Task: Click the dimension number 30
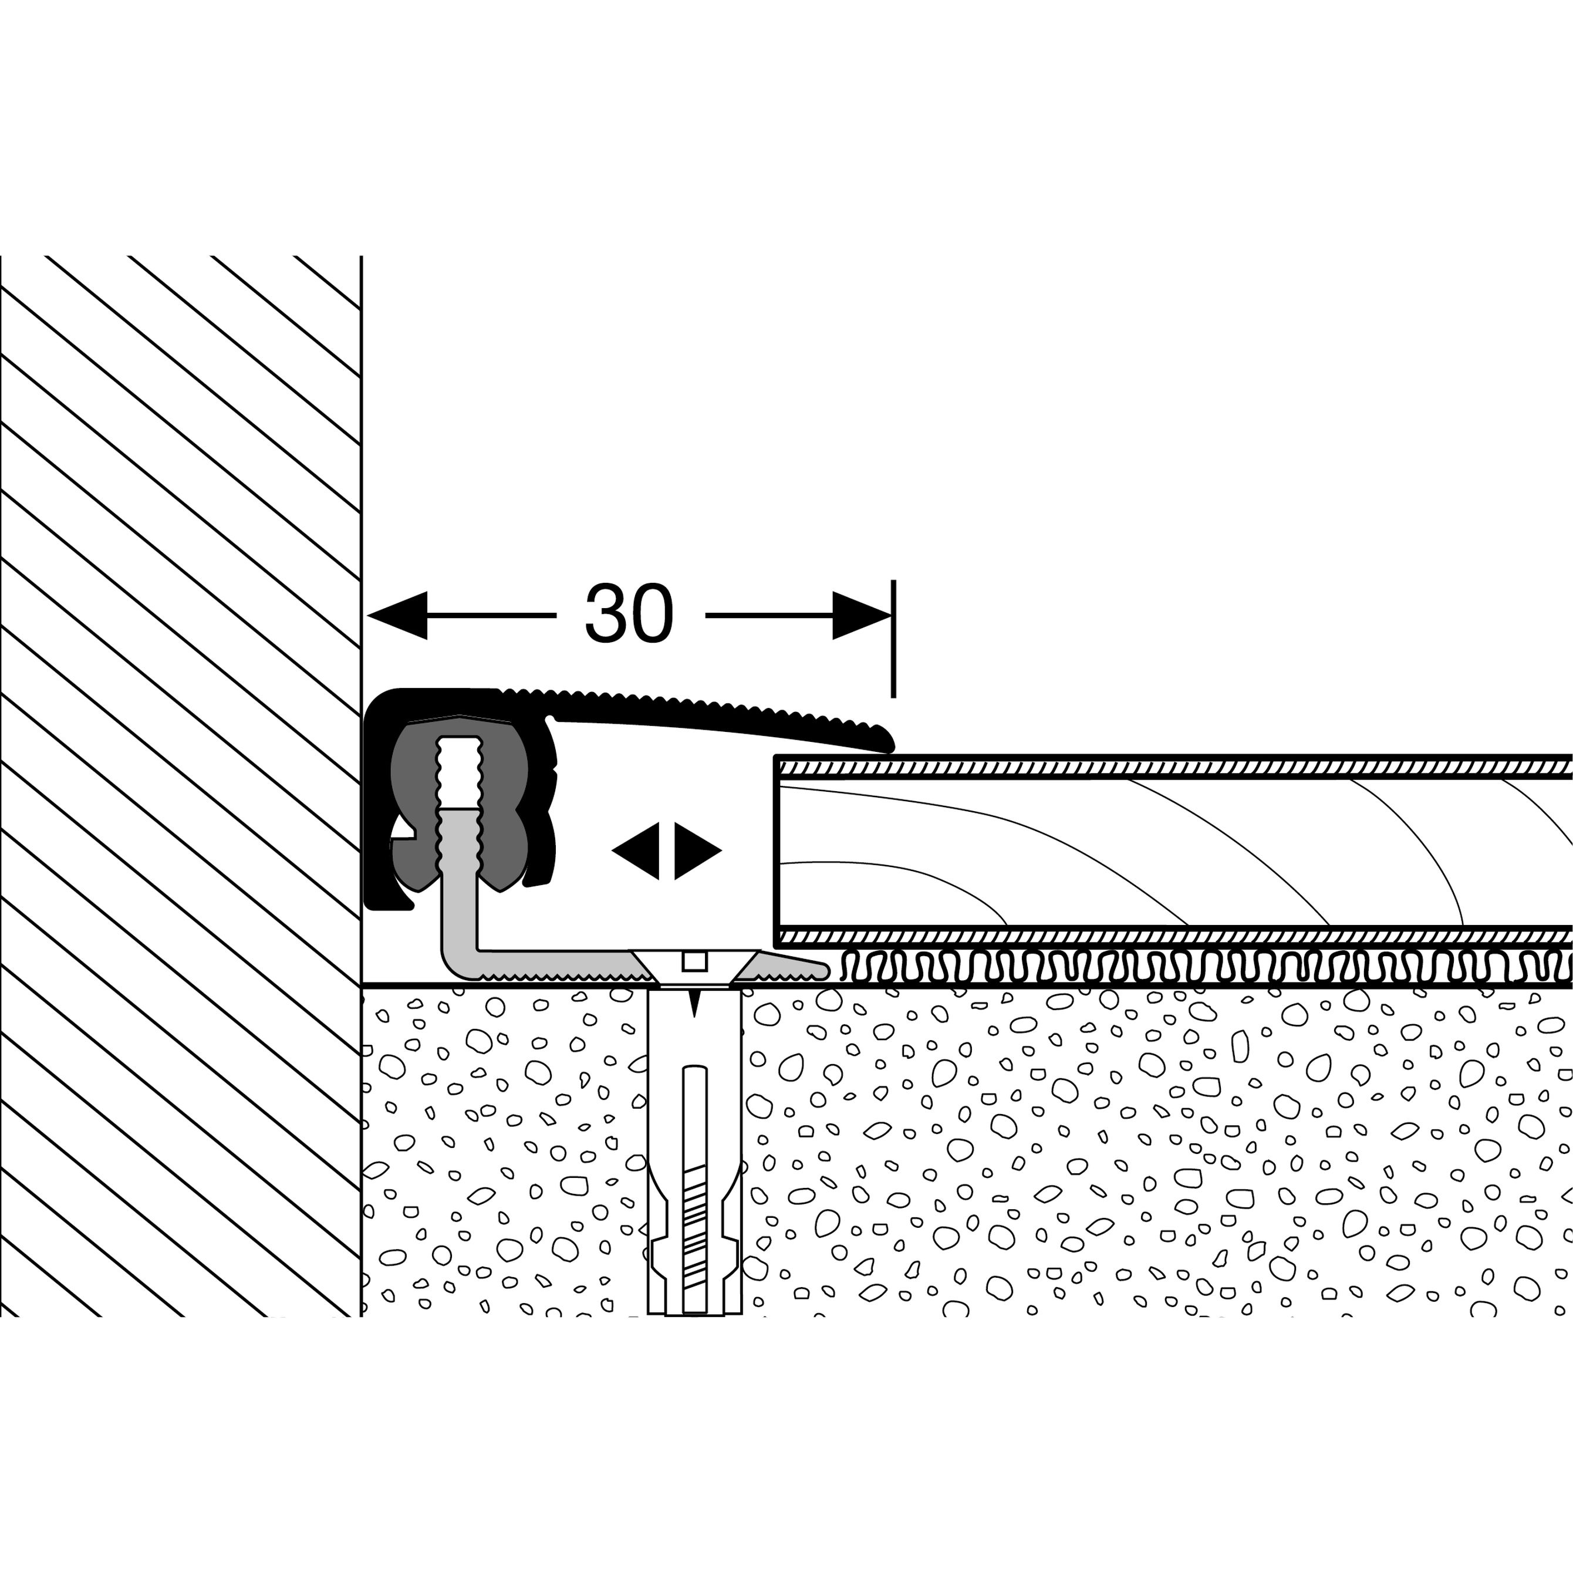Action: click(x=629, y=614)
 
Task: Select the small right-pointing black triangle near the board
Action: click(x=696, y=851)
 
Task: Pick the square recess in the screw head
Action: click(x=694, y=961)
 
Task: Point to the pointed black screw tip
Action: click(x=694, y=1003)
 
